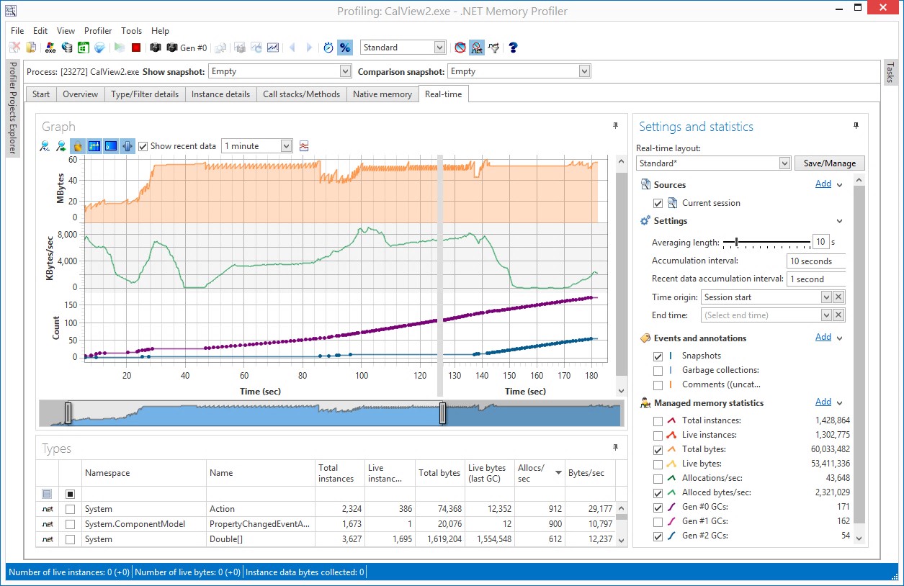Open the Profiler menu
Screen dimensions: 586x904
click(x=98, y=31)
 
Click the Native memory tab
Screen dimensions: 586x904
click(x=382, y=94)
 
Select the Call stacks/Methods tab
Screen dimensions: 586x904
click(x=301, y=94)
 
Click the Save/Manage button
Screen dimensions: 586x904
click(x=829, y=163)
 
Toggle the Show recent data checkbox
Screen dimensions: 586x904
click(x=144, y=146)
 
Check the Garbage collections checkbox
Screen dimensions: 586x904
click(x=658, y=370)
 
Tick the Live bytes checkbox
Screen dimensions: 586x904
click(x=658, y=464)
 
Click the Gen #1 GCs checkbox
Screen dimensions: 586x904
click(x=658, y=521)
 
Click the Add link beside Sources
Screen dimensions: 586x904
click(x=823, y=184)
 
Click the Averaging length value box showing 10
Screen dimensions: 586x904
click(x=820, y=243)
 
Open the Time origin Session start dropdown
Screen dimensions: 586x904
click(x=826, y=297)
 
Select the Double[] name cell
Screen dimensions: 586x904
click(x=260, y=539)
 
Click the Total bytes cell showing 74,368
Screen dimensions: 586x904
click(x=439, y=509)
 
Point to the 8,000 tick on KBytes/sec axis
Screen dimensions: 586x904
click(x=65, y=235)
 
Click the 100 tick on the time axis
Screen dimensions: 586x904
click(x=362, y=376)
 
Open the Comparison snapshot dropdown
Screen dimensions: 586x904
click(x=584, y=71)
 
